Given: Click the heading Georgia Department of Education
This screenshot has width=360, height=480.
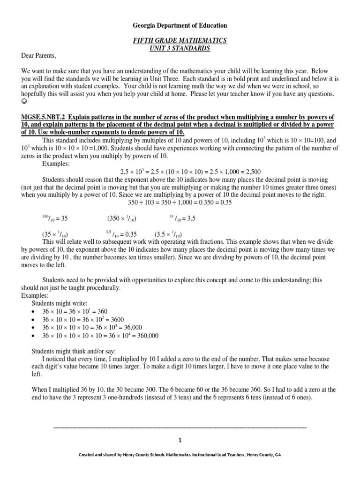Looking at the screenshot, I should pos(180,25).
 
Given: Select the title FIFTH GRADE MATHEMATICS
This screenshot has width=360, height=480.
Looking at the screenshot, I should pos(180,41).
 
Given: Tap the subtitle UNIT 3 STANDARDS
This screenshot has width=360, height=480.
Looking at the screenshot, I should pos(180,48).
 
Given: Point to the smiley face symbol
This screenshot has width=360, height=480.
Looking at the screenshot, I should pos(24,101).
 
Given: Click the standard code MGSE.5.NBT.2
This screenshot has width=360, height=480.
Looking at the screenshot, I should pos(43,116).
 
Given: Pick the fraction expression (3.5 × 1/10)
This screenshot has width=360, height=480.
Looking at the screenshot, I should pos(168,234).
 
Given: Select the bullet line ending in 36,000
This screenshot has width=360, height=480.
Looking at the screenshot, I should pos(92,327).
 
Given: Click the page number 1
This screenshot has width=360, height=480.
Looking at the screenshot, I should pos(180,440).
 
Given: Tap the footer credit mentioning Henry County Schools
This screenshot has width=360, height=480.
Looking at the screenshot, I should pos(180,455).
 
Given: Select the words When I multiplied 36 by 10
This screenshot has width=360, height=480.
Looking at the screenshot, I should pos(58,390).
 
